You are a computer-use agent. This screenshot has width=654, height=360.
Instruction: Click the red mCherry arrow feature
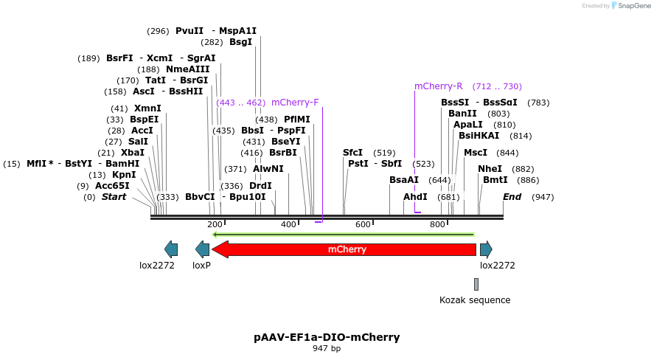[347, 249]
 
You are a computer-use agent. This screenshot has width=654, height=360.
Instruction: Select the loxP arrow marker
[202, 249]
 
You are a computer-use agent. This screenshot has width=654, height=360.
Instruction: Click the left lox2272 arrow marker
[171, 249]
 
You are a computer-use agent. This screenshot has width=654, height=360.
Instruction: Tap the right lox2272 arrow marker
[486, 249]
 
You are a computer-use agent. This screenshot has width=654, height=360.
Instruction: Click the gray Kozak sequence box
[476, 284]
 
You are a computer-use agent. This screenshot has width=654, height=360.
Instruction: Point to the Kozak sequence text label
[475, 300]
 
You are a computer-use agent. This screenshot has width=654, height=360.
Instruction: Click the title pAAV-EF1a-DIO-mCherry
[327, 337]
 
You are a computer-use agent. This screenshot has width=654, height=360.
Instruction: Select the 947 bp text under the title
[327, 348]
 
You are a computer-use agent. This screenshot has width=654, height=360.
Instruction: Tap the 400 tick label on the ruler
[288, 224]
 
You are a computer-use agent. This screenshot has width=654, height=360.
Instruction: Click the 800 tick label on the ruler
[437, 224]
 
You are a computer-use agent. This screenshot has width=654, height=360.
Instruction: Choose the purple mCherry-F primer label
[295, 103]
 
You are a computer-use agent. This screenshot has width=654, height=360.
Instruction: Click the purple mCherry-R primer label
[439, 86]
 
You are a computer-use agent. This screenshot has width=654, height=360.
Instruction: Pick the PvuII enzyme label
[189, 31]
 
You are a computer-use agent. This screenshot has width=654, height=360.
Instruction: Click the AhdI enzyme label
[415, 197]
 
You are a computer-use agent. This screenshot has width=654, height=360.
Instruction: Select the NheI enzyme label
[490, 169]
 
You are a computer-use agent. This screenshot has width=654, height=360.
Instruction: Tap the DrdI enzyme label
[261, 186]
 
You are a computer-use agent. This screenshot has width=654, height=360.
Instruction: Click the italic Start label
[114, 197]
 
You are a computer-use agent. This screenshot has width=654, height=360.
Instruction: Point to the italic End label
[512, 197]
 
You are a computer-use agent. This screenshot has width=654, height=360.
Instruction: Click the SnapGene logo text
[633, 6]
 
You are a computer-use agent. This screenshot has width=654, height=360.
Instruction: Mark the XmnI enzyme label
[147, 108]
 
